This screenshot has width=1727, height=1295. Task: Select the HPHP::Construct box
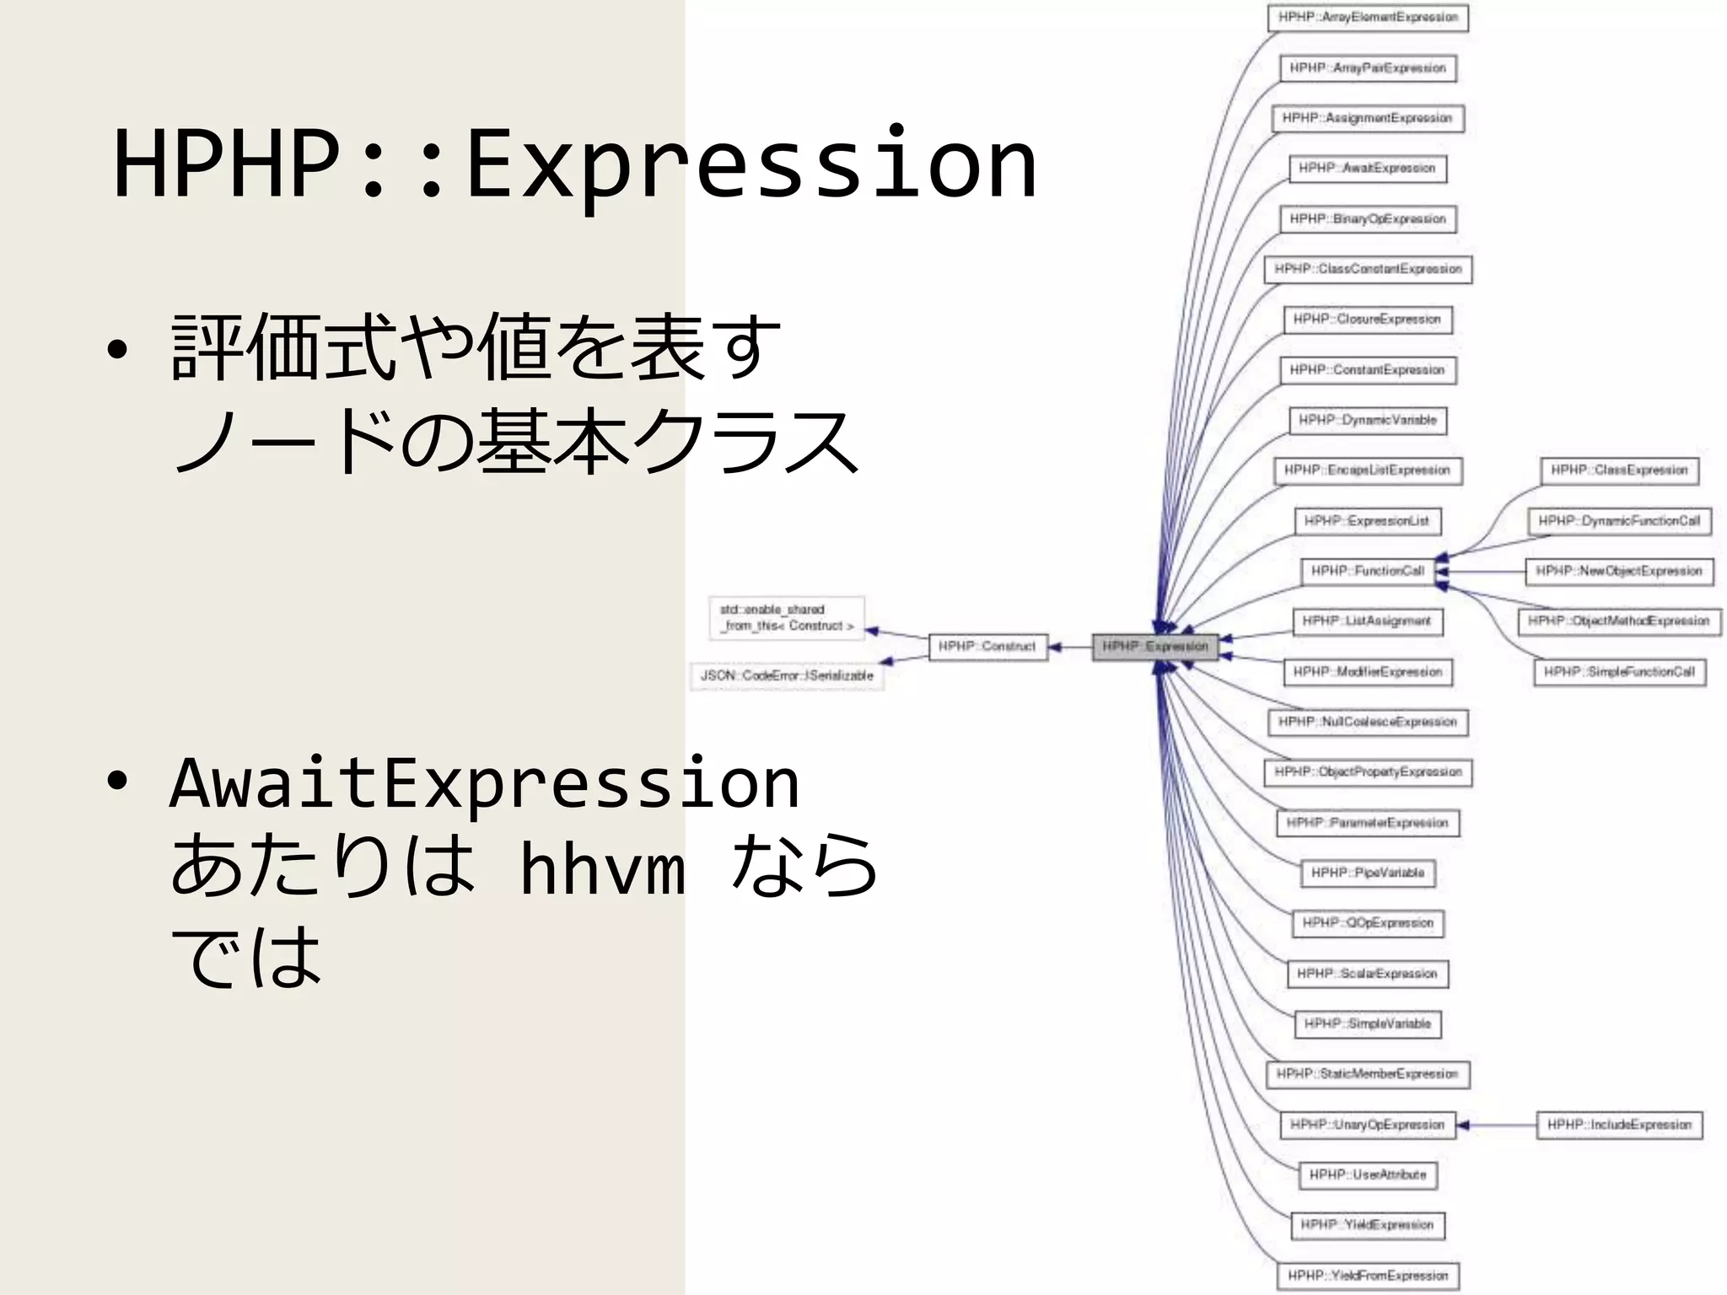tap(987, 647)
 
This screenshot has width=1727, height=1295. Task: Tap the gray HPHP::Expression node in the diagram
tap(1154, 647)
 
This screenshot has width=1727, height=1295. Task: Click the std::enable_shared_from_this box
tap(787, 617)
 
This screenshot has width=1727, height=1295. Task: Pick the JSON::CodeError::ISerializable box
tap(787, 676)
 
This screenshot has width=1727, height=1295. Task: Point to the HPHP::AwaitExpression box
tap(1367, 169)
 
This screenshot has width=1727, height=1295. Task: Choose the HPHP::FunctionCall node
tap(1367, 572)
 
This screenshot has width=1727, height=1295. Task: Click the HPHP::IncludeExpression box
tap(1619, 1125)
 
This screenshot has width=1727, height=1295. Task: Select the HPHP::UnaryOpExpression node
tap(1367, 1125)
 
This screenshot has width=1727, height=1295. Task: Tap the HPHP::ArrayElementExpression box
tap(1368, 18)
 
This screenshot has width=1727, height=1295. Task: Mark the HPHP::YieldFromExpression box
tap(1367, 1276)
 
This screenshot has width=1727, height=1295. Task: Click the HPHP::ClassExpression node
tap(1619, 470)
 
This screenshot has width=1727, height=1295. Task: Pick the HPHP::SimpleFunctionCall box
tap(1619, 672)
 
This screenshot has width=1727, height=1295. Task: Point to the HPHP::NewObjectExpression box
tap(1619, 572)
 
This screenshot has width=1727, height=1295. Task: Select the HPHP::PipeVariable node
tap(1367, 873)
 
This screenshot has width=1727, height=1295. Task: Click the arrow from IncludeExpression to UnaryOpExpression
tap(1497, 1125)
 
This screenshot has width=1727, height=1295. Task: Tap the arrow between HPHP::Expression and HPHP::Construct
tap(1070, 647)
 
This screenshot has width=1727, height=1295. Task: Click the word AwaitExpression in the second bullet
tap(484, 783)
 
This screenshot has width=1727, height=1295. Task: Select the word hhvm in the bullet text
tap(602, 868)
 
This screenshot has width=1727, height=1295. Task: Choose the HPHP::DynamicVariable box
tap(1367, 420)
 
